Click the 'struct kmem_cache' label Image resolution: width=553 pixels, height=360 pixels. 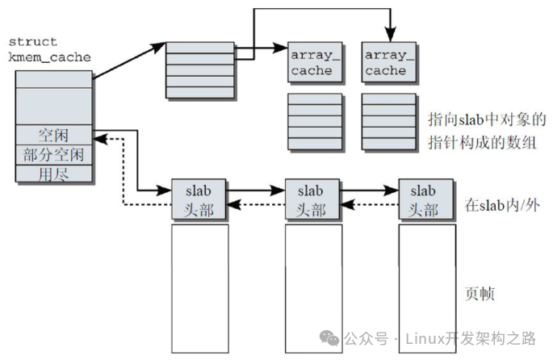pos(48,49)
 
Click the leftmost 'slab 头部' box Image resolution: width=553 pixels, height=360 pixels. pos(199,199)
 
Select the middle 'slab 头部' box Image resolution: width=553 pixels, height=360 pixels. pos(311,199)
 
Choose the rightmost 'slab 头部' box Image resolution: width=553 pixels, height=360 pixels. pos(424,199)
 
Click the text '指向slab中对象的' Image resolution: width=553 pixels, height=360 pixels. pos(487,120)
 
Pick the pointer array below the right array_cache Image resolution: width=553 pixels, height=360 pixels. pos(388,122)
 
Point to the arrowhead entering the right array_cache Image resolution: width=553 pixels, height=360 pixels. pos(389,37)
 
